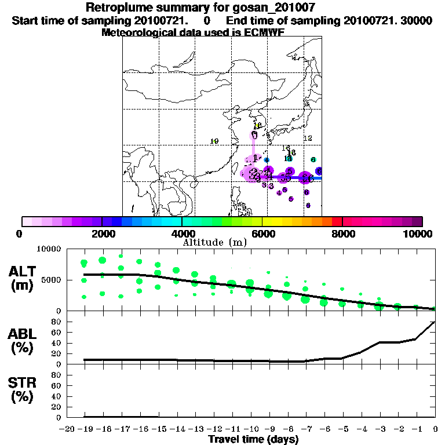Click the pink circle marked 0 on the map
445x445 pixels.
point(254,135)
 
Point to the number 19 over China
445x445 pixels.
point(214,141)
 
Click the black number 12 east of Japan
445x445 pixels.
point(308,138)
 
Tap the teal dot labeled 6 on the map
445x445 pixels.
point(313,159)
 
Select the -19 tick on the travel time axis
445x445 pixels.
point(85,428)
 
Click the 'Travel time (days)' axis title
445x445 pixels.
point(254,439)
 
